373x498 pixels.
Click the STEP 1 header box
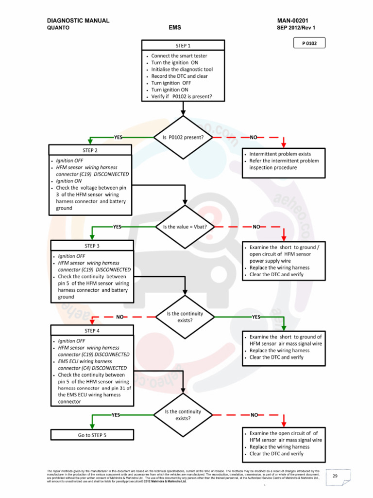(183, 46)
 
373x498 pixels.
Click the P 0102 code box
(309, 43)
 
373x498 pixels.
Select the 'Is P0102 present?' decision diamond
(183, 137)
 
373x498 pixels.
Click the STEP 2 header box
(90, 150)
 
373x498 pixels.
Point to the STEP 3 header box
(92, 246)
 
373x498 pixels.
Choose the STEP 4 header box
(92, 331)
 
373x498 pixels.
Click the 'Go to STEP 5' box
(92, 435)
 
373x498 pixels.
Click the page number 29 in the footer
(335, 476)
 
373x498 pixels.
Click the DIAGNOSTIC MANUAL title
(78, 21)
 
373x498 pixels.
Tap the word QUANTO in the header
(58, 28)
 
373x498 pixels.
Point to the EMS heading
(175, 28)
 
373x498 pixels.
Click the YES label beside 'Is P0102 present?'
(118, 138)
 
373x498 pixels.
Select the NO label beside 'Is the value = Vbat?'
(256, 227)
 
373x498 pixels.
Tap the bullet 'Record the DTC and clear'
(179, 76)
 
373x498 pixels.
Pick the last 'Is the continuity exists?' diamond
(183, 415)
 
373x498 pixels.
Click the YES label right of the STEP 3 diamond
(256, 317)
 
